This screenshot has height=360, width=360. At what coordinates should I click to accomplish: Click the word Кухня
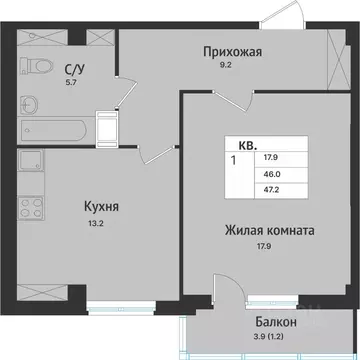(102, 207)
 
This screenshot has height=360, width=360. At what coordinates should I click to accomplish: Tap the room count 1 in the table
(234, 160)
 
